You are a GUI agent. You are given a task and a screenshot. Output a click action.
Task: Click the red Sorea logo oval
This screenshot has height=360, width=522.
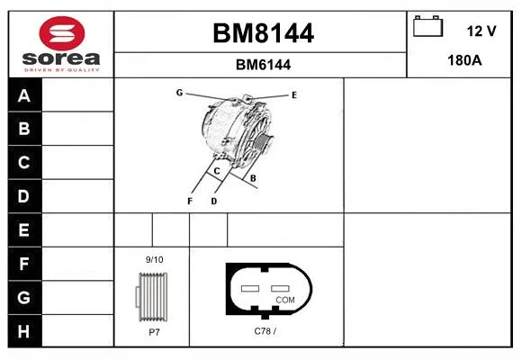pos(62,33)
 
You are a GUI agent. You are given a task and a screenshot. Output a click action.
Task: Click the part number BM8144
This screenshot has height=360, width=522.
pos(263,33)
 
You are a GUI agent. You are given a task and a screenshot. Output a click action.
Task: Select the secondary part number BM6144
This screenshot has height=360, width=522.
pos(263,65)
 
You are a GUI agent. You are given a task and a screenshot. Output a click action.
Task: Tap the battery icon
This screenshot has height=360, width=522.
pos(427,26)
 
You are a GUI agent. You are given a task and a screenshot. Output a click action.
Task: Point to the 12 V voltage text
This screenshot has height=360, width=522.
pos(481,31)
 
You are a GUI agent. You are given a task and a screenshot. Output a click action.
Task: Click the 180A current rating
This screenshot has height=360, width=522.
pos(464,60)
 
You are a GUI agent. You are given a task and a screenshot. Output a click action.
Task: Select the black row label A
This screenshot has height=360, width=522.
pos(24,95)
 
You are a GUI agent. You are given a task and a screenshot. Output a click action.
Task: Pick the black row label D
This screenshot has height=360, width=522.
pos(23,196)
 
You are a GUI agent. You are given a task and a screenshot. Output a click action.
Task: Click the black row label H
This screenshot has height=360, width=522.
pos(23,331)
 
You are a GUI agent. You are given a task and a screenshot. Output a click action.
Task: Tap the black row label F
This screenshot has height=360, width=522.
pos(23,264)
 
